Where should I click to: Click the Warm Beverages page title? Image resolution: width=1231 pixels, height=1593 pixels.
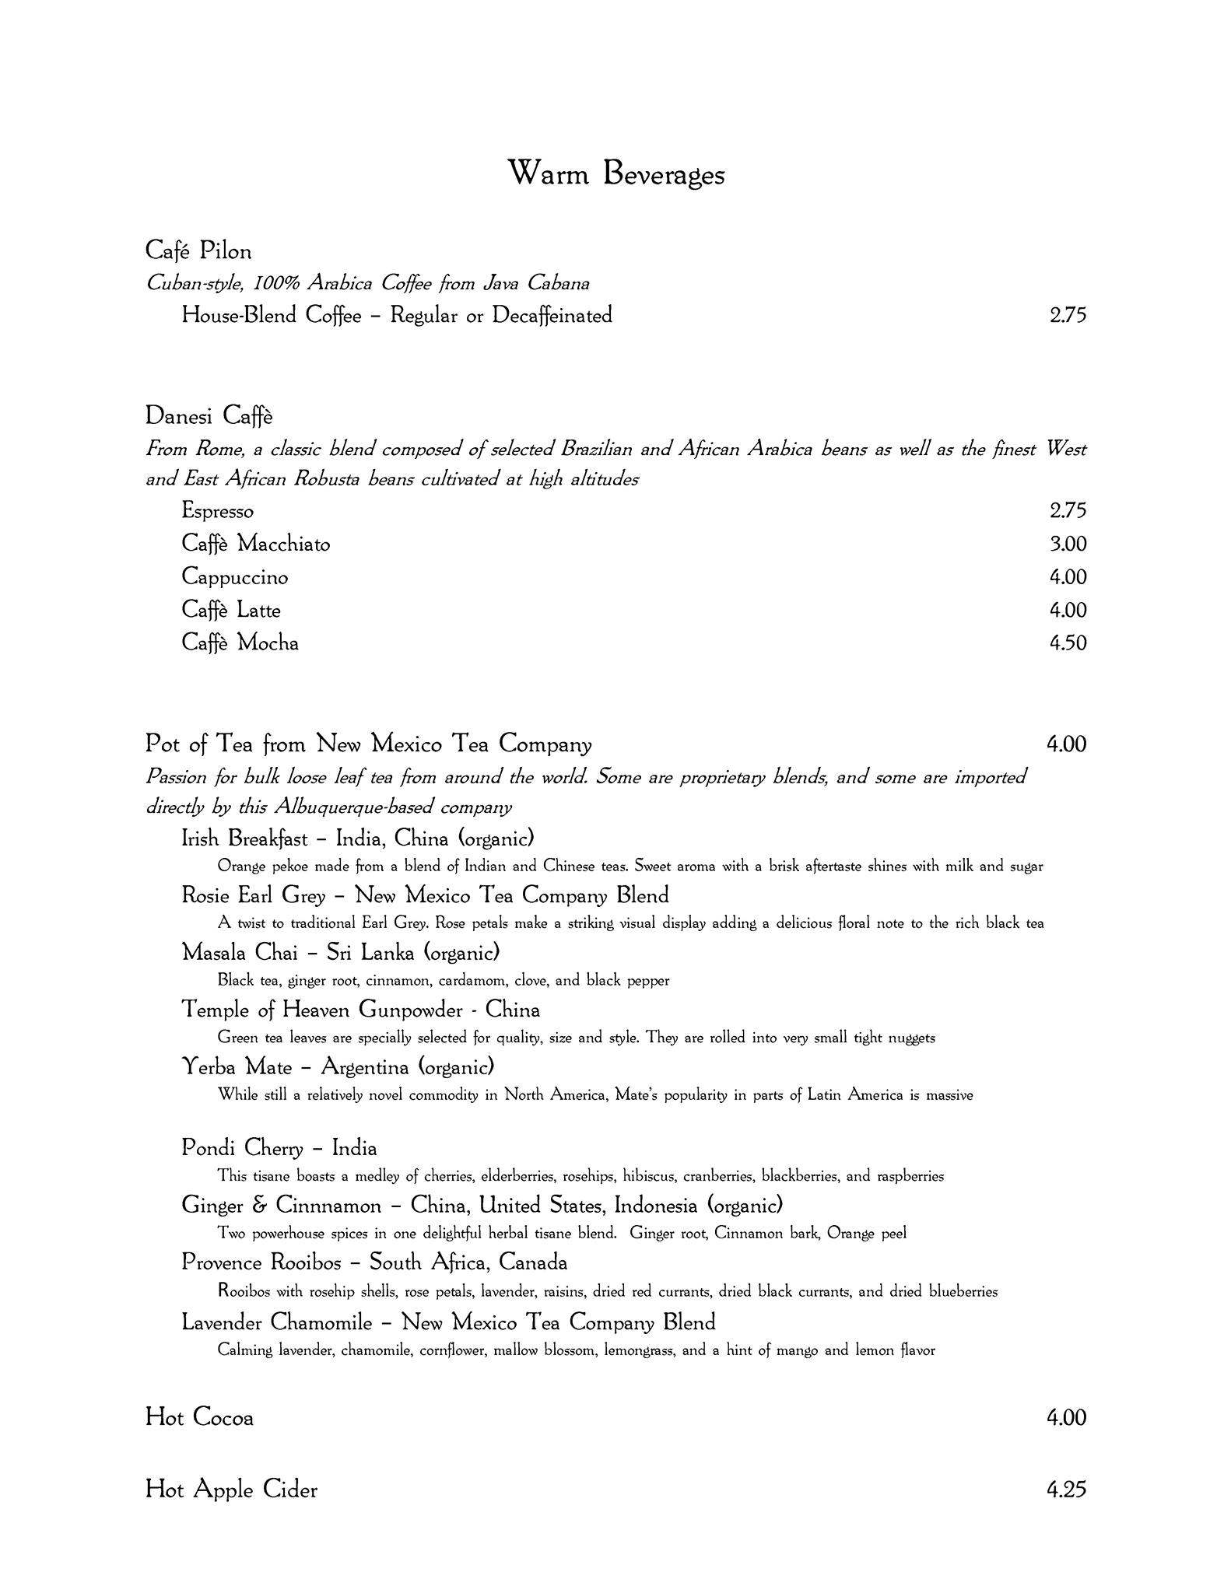(x=615, y=173)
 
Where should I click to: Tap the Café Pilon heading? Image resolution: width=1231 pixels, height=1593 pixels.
(x=198, y=251)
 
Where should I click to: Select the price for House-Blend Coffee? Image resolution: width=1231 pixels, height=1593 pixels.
(x=1067, y=315)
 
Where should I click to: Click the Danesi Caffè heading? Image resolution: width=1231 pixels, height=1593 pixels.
(x=209, y=416)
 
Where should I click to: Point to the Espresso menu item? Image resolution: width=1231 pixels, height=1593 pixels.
(x=217, y=511)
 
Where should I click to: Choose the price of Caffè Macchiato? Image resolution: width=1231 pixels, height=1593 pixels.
(x=1067, y=544)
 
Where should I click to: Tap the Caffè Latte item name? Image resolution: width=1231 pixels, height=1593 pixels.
(x=230, y=610)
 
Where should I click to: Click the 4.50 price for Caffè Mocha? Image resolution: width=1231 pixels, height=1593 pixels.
(x=1067, y=643)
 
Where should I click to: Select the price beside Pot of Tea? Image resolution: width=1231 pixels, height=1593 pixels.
(x=1065, y=744)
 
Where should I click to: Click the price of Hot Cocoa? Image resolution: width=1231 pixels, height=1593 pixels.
(x=1065, y=1417)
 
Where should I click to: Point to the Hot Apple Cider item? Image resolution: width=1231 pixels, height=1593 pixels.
(x=231, y=1490)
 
